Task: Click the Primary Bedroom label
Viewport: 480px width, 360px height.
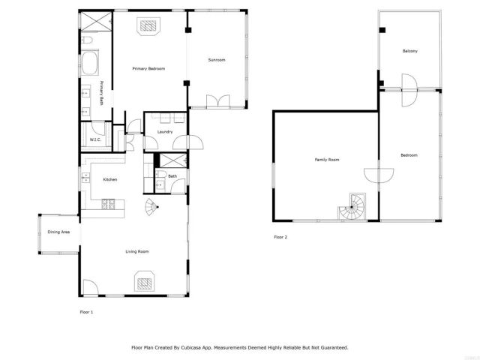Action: [148, 69]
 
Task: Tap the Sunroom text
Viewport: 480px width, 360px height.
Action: [217, 60]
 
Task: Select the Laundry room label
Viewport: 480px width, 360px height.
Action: [165, 132]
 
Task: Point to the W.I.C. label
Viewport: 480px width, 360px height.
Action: [96, 139]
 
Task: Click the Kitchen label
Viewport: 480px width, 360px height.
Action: [109, 180]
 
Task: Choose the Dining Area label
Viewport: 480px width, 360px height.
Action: [58, 232]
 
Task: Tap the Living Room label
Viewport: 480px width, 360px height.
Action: [136, 251]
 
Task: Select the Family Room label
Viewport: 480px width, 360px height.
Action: [327, 160]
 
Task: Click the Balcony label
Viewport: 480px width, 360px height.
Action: [409, 51]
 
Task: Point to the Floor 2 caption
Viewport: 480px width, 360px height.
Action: [280, 237]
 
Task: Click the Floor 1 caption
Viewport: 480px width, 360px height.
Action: [87, 310]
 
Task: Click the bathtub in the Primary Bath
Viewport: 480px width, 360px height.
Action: [90, 63]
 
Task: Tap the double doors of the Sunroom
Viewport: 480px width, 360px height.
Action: [218, 100]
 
